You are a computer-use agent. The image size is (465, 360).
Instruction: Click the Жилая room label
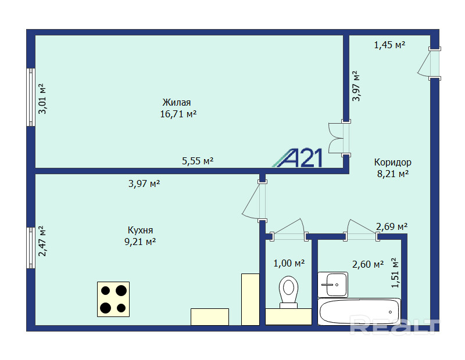(177, 103)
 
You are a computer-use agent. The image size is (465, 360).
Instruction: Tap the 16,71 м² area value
(178, 114)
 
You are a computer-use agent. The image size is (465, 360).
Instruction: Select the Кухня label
(140, 230)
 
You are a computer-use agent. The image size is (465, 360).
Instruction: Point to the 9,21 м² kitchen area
(140, 242)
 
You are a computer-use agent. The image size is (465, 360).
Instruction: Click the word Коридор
(393, 163)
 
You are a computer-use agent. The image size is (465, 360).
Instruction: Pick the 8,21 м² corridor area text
(393, 174)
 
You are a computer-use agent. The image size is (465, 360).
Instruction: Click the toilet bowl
(288, 292)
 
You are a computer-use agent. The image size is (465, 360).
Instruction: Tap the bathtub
(359, 312)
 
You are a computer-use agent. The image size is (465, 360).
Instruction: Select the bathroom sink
(332, 285)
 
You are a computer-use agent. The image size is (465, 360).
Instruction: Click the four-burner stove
(113, 299)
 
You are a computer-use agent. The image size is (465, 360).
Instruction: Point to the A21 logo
(298, 158)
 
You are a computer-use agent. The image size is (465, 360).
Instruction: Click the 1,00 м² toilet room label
(289, 263)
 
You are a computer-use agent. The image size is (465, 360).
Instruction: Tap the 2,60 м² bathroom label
(368, 264)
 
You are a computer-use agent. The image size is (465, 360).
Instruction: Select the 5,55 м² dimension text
(198, 161)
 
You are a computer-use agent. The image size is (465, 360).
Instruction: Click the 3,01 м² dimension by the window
(42, 99)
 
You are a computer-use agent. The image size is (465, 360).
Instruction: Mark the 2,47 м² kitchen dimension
(42, 241)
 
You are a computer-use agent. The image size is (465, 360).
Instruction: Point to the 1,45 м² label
(389, 45)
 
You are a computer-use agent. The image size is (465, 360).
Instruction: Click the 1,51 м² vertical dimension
(395, 273)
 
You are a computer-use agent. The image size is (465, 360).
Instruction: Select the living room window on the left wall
(31, 97)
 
